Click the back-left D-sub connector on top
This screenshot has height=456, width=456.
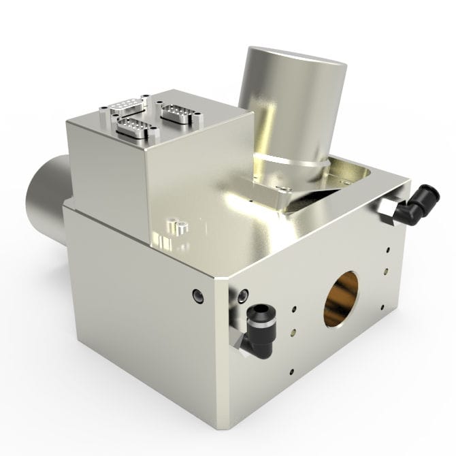tap(127, 105)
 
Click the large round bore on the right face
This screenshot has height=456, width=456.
tap(341, 298)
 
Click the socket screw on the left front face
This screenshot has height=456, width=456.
tap(197, 295)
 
